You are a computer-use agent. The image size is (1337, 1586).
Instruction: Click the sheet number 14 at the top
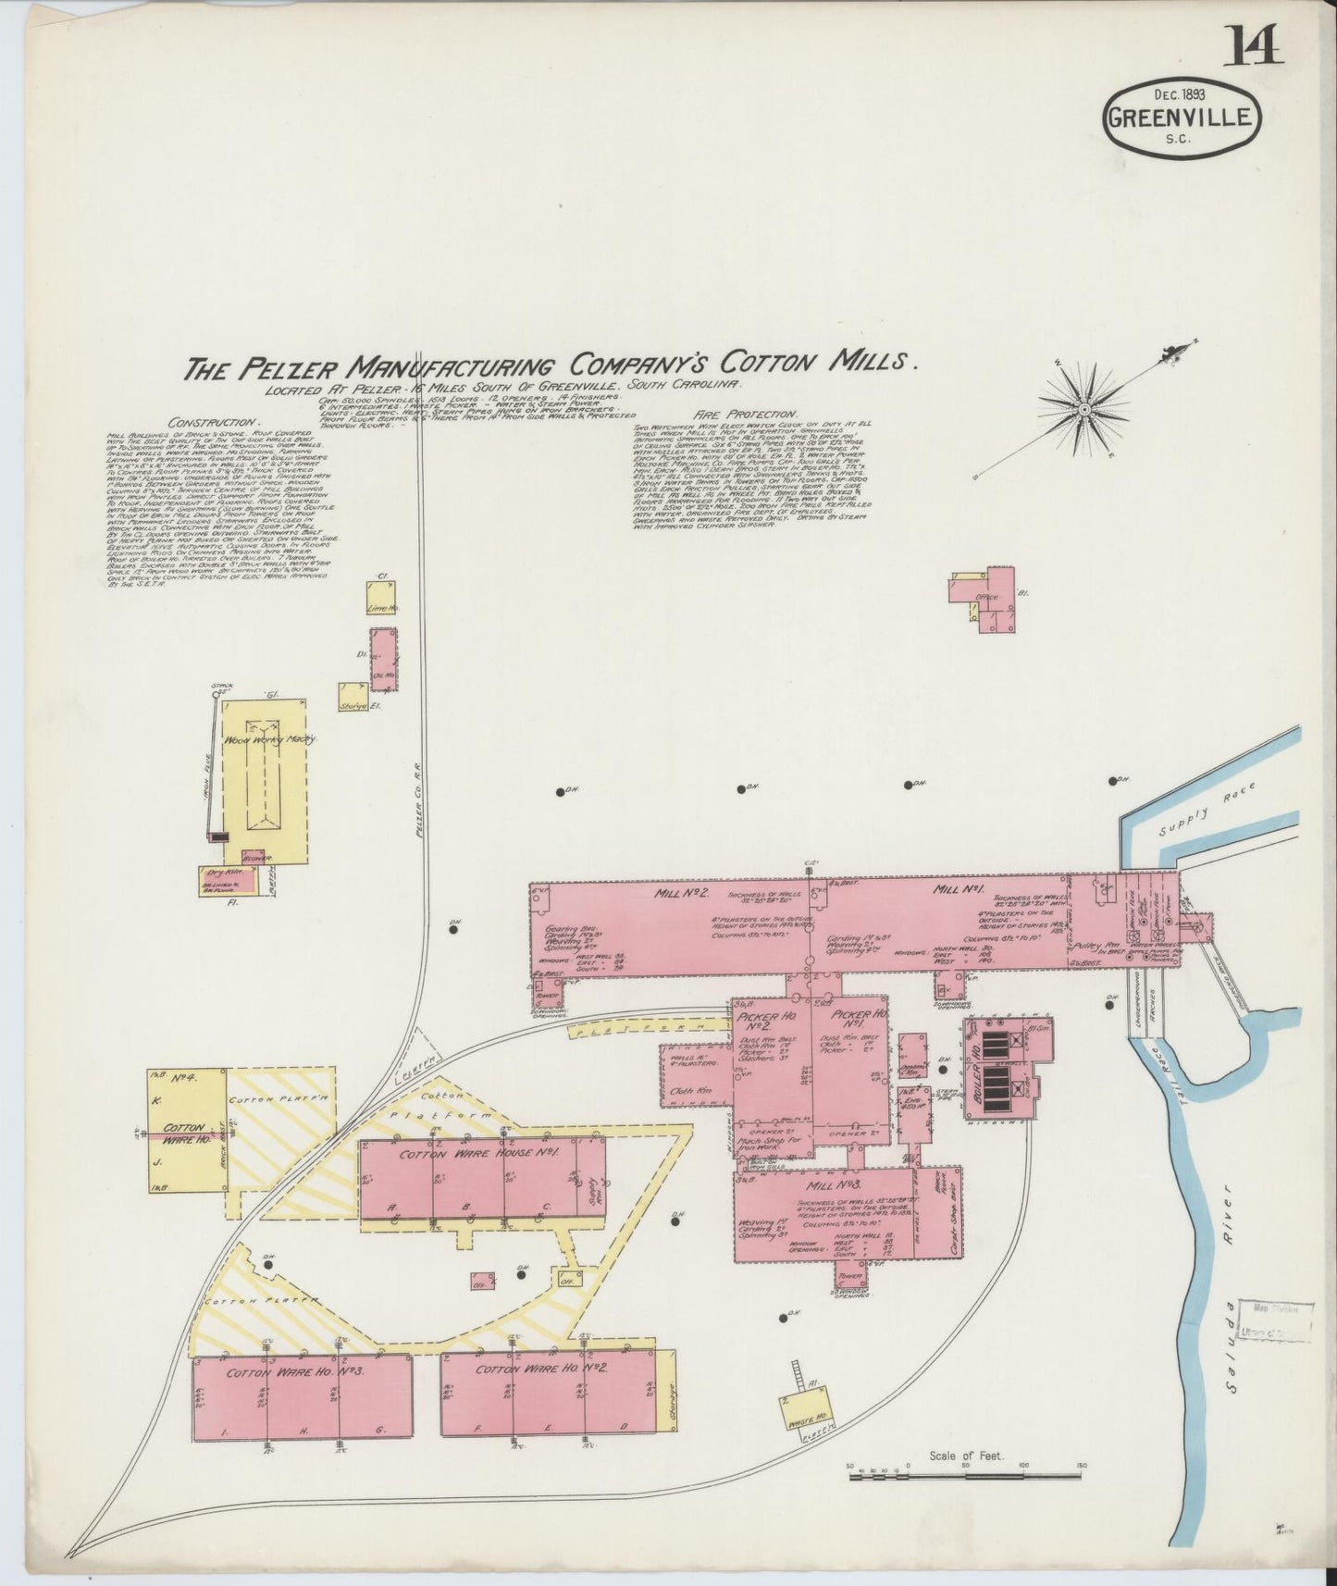click(1254, 43)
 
